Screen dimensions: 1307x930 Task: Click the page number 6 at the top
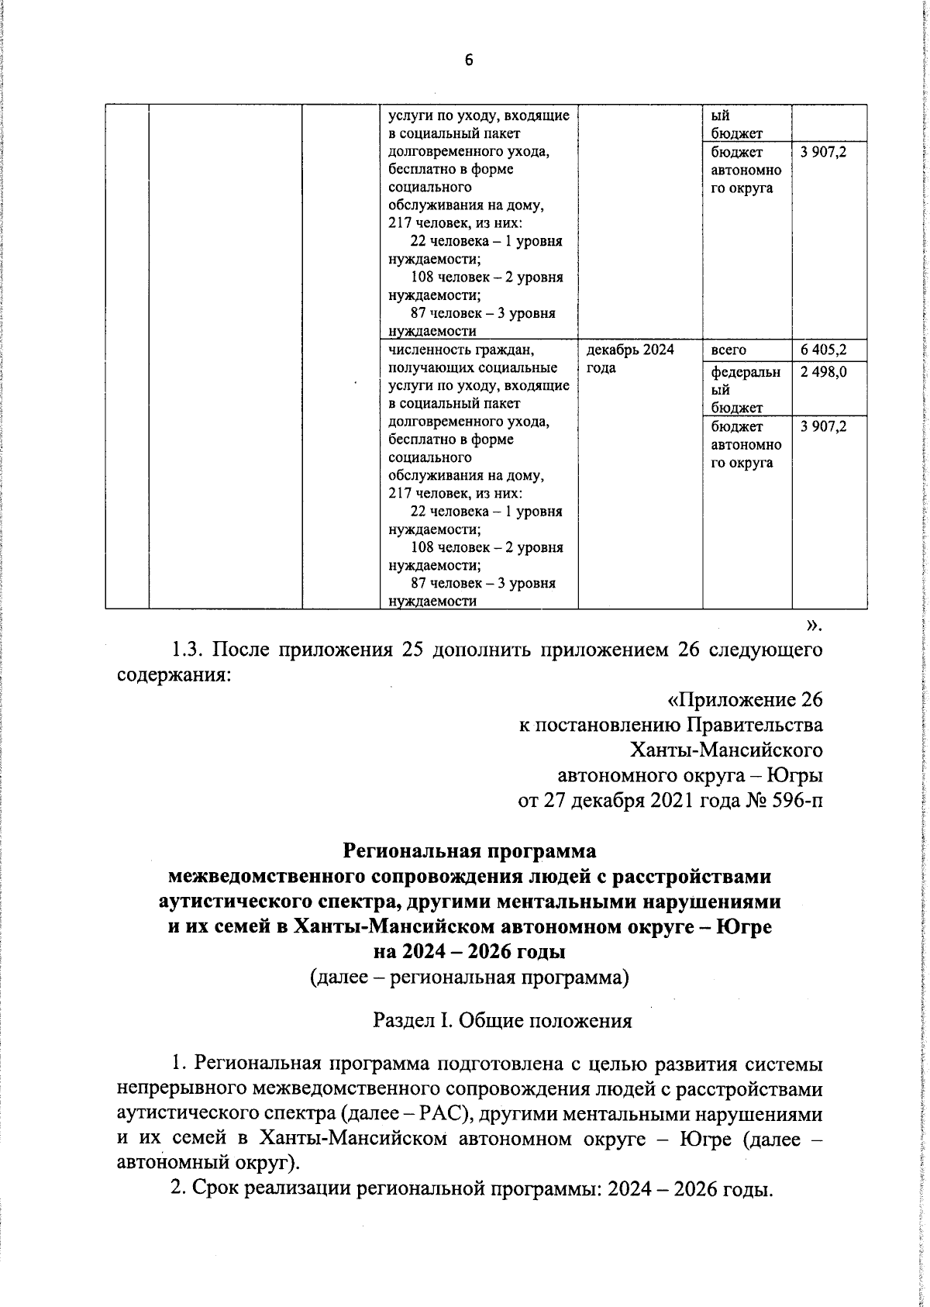468,60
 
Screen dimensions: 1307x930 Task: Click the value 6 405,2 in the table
824,350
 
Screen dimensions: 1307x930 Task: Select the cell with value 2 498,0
824,372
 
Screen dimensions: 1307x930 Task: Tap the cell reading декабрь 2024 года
630,358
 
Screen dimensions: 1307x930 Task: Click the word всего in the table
728,350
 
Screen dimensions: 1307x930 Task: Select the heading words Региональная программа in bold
470,851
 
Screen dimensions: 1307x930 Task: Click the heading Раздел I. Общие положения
502,1020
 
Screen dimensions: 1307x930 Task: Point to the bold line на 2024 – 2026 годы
470,950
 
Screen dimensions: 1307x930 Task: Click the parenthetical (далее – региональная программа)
469,978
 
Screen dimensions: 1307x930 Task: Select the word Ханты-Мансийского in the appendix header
725,750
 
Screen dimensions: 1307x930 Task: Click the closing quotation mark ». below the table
813,625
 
